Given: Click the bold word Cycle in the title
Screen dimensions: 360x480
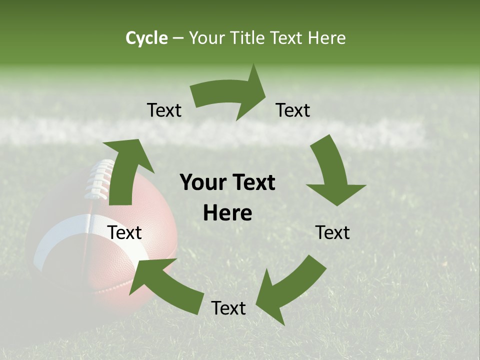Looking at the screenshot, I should coord(146,38).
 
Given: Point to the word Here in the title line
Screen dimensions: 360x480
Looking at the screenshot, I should coord(327,38).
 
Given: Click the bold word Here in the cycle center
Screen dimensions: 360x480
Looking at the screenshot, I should coord(227,213).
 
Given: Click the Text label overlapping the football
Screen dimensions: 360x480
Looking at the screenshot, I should coord(125,232).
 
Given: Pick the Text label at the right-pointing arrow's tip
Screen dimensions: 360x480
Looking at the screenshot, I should coord(293,110).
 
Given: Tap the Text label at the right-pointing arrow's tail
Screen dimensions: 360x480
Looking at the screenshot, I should coord(164,110).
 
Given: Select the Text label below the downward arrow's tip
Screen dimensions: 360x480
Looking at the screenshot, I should coord(333,232).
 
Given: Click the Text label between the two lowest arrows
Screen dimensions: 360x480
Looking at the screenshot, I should coord(228,308).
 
